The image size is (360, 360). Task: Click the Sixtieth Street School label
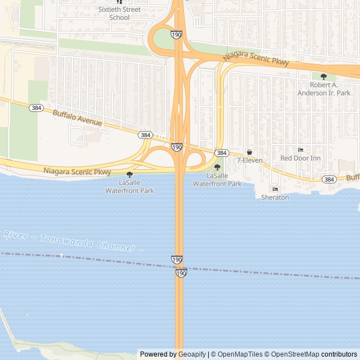pos(119,13)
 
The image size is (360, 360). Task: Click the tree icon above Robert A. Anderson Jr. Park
pos(323,76)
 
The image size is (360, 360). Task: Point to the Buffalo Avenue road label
pos(77,118)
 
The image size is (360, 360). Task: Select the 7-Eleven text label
pos(249,160)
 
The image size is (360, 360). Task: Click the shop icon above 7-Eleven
pos(249,152)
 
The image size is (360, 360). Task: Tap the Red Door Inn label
pos(300,158)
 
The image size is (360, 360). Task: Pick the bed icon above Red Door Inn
pos(300,150)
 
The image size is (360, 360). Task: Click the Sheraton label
pos(275,197)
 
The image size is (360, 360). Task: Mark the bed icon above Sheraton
pos(275,189)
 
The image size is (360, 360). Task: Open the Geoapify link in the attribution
pos(192,354)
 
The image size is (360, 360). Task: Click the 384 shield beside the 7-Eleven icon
pos(222,152)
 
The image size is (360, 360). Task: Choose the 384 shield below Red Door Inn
pos(328,179)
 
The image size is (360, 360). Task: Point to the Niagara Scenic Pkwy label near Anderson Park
pos(256,57)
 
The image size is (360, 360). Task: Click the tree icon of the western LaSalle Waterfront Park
pos(129,175)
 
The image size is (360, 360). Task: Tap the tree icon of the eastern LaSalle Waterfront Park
pos(217,168)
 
